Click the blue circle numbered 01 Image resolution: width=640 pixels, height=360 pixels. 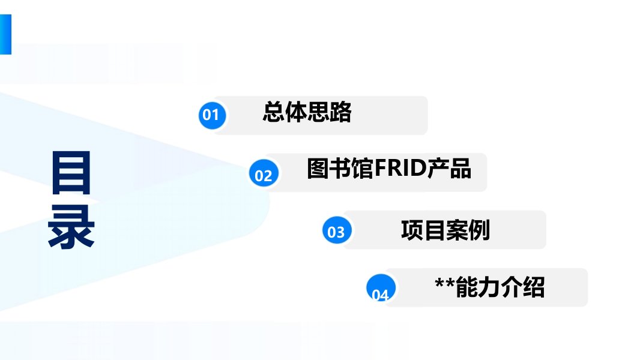point(211,115)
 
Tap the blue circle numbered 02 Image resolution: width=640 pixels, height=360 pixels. point(264,175)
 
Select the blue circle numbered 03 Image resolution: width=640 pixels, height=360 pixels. point(336,231)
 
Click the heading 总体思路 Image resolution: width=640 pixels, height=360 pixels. point(307,113)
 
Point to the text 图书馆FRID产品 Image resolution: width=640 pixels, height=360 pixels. point(388,169)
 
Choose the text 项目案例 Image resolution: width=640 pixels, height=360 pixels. point(445,230)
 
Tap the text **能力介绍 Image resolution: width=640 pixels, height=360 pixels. point(489,288)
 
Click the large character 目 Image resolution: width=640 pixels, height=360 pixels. point(71,173)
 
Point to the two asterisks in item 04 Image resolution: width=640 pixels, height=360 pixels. point(444,286)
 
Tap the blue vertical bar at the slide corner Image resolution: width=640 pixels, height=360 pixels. point(5,35)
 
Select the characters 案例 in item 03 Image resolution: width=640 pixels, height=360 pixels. point(467,230)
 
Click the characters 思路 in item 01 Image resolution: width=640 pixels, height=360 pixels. point(328,113)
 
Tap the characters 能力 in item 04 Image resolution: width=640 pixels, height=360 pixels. point(478,288)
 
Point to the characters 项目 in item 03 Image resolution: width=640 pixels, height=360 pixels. point(423,230)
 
